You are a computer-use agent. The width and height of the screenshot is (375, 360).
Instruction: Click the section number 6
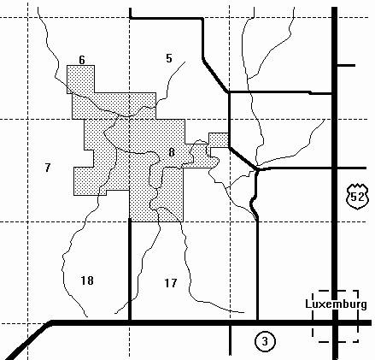coord(82,60)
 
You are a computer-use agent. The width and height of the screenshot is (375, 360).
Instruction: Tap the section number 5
coord(169,58)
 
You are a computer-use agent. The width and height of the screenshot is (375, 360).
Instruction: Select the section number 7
coord(48,168)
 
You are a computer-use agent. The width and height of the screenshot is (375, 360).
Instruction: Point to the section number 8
coord(172,152)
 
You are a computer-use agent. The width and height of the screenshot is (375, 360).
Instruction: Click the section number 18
coord(87,280)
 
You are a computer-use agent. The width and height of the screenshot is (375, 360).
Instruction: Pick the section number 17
coord(171,283)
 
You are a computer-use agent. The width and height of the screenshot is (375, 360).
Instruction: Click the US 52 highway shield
coord(357,197)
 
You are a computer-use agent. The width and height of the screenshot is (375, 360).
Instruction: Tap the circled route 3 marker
coord(265,341)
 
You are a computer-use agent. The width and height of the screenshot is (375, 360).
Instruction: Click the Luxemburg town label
coord(336,304)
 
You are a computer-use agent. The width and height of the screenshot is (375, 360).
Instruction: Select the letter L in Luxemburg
coord(308,304)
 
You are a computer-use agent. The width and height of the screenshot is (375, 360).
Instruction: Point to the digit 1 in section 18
coord(84,280)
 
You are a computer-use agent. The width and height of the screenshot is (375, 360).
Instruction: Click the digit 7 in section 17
coord(174,283)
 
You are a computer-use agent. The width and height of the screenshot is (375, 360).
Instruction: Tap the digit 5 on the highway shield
coord(354,197)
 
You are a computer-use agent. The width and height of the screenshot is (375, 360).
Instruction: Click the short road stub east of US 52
coord(346,66)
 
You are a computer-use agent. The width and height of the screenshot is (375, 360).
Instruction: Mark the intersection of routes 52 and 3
coord(335,322)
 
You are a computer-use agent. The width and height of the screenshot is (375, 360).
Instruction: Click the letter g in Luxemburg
coord(364,305)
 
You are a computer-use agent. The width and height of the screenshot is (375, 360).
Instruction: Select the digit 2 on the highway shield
coord(360,197)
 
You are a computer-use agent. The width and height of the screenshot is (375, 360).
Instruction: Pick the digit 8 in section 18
coord(91,280)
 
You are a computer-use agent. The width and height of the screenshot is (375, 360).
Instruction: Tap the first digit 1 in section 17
coord(167,283)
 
